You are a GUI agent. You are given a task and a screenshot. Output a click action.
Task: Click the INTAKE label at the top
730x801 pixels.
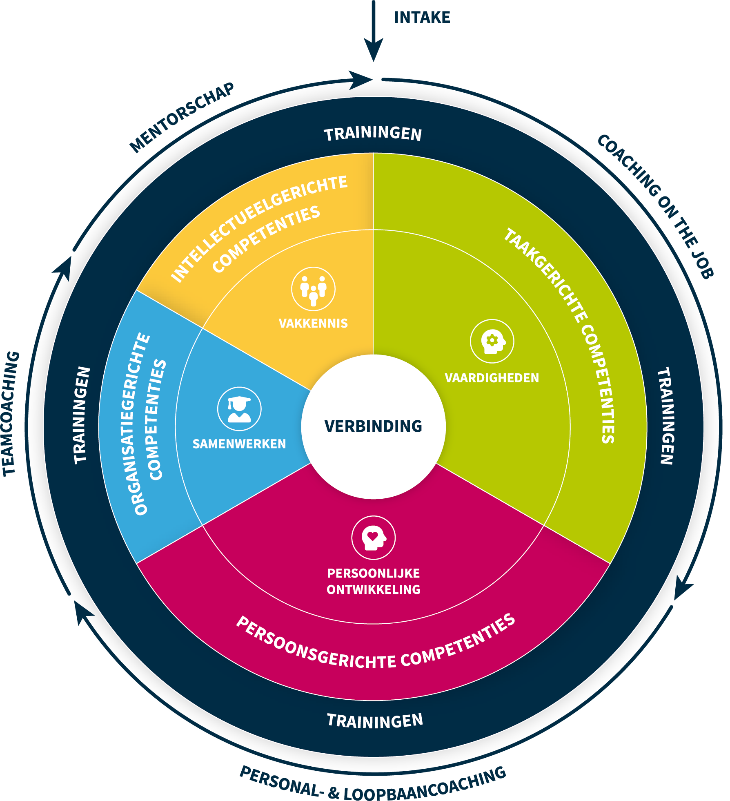click(422, 18)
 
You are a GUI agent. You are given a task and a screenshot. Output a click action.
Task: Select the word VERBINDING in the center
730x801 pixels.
click(373, 426)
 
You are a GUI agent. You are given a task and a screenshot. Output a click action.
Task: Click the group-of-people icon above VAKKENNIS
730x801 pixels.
click(313, 289)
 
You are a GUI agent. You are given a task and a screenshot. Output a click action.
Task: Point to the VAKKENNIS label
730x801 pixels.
click(313, 324)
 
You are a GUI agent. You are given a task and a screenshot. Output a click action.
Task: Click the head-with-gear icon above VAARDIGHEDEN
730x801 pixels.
click(492, 341)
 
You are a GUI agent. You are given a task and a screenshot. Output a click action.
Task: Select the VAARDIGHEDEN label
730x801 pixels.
click(492, 378)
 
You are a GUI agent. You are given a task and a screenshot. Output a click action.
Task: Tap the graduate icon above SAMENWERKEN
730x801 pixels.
click(239, 408)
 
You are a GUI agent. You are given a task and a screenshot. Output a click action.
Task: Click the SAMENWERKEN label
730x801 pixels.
click(239, 444)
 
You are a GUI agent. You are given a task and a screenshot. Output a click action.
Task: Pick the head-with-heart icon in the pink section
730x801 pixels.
click(373, 537)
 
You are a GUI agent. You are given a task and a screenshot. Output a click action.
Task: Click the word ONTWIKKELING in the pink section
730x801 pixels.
click(373, 589)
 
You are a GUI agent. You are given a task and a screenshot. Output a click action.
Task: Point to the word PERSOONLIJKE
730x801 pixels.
click(373, 573)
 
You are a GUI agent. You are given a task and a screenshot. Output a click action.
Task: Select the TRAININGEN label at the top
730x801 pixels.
click(373, 134)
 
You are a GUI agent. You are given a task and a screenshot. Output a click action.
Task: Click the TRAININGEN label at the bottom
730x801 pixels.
click(375, 721)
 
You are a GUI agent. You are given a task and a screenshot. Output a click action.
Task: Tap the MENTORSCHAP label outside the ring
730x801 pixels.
click(182, 117)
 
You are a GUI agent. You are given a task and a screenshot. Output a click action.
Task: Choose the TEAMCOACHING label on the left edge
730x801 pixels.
click(11, 413)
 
